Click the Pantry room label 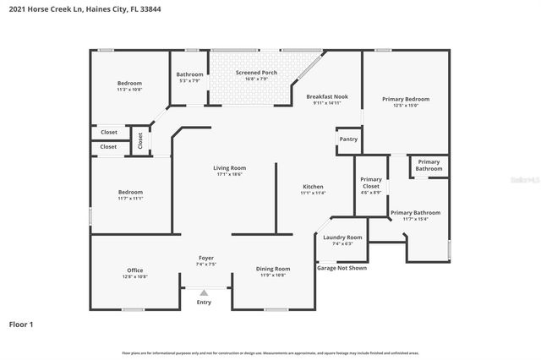(x=348, y=139)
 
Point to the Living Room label (x=229, y=168)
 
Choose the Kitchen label (x=313, y=187)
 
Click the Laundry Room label (x=342, y=237)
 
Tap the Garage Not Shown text (x=342, y=268)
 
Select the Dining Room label (x=273, y=269)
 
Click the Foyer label (x=206, y=257)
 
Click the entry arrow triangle (x=204, y=292)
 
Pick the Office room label (x=135, y=270)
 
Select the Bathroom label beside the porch (x=189, y=74)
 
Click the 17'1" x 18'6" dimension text (x=229, y=174)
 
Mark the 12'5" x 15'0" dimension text (x=406, y=106)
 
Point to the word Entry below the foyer (x=204, y=302)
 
